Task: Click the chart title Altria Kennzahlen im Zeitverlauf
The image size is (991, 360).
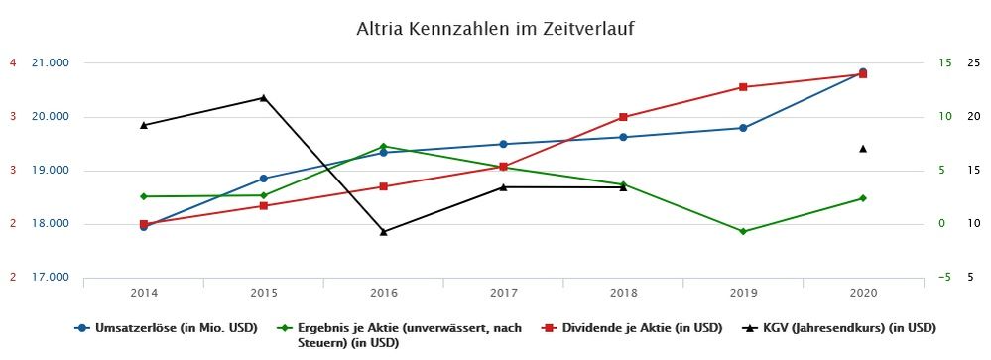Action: click(494, 29)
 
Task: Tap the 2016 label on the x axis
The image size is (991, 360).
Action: click(383, 293)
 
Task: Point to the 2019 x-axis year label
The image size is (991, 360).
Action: click(743, 293)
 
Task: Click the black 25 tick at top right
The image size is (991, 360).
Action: click(974, 63)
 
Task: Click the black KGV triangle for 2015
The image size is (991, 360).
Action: click(263, 97)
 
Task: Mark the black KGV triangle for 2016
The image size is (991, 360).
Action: click(384, 231)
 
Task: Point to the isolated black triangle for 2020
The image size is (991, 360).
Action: click(863, 149)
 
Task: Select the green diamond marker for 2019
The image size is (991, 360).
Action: click(743, 231)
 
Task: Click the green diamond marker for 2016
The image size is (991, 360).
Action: click(384, 147)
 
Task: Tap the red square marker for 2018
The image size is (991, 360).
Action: click(623, 117)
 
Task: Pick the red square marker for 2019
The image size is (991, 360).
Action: click(743, 87)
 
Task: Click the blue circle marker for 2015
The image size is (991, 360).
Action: click(263, 179)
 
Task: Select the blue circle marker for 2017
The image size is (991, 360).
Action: click(503, 144)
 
